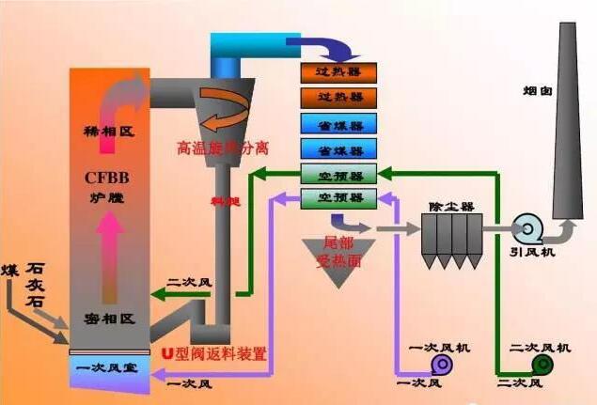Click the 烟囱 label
pyautogui.click(x=537, y=90)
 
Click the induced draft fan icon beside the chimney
pyautogui.click(x=527, y=227)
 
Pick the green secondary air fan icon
pyautogui.click(x=542, y=364)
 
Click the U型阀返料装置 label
pyautogui.click(x=214, y=354)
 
